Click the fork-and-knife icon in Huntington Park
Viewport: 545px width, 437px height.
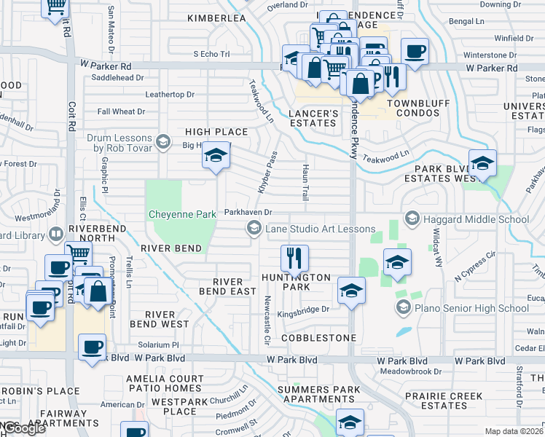coord(294,258)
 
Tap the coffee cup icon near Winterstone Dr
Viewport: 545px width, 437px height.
coord(415,52)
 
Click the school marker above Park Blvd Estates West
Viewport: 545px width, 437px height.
coord(482,164)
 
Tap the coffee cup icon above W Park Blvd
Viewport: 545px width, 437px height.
coord(92,347)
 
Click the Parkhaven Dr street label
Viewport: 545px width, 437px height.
coord(248,212)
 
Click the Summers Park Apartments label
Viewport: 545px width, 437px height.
coord(318,395)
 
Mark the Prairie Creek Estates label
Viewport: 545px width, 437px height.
coord(444,401)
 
